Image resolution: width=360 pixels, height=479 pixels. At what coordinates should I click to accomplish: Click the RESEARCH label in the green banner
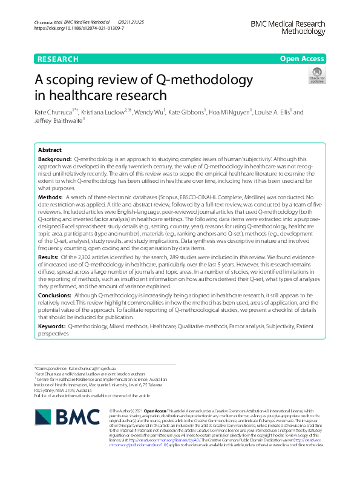(58, 59)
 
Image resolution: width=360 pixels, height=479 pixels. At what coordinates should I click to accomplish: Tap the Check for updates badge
(317, 76)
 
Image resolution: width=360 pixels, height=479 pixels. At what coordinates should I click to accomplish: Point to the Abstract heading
(50, 150)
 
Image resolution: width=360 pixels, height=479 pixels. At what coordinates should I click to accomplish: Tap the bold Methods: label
(50, 197)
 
